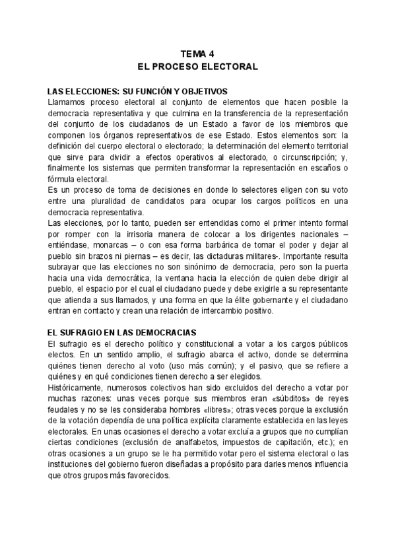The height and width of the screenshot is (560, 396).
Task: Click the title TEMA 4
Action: click(x=197, y=55)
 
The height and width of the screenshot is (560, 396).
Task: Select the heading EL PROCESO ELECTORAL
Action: click(x=197, y=67)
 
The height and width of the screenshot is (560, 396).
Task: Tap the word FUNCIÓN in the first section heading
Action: click(x=156, y=91)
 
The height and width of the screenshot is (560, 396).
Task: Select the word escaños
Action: click(x=323, y=167)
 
